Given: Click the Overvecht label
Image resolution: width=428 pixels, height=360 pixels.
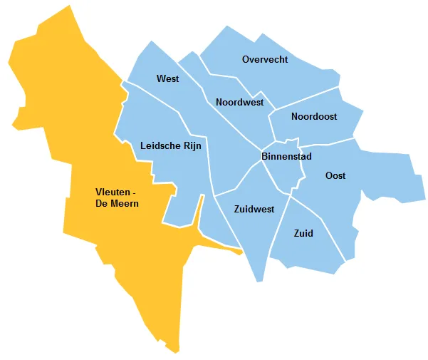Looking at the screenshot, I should tap(265, 60).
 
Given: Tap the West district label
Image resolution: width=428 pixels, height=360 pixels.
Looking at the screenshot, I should tap(167, 79).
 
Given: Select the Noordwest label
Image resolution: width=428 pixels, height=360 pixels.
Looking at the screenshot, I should tap(239, 103).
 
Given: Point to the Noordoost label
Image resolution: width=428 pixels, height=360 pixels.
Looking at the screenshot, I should tap(314, 116).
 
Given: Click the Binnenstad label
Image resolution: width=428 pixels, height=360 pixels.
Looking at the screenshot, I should tap(286, 155).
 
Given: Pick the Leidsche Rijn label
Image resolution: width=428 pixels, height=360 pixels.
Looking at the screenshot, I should tap(171, 145).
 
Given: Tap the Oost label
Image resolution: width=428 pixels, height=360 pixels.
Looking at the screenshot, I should tap(335, 175).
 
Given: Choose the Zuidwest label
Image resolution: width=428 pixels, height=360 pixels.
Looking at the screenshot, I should tap(254, 210).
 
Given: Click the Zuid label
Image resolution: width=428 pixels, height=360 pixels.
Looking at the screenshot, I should tap(303, 233).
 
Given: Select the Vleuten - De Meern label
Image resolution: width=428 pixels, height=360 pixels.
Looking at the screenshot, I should tap(117, 197).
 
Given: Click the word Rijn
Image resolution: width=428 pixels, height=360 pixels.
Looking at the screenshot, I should tap(192, 145).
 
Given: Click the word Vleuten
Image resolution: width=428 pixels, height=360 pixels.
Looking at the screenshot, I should tap(111, 191).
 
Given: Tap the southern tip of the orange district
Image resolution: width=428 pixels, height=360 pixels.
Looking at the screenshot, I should tap(175, 351).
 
